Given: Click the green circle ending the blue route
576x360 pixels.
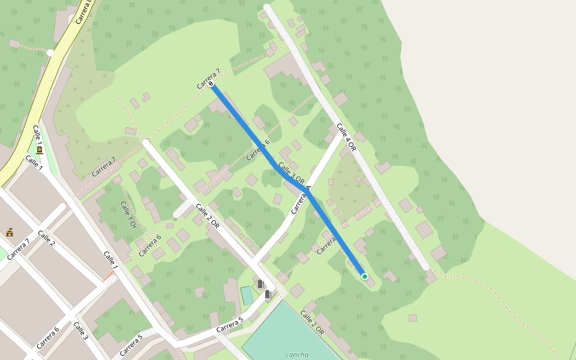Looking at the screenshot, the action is (364, 276).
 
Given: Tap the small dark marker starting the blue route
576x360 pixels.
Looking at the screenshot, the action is (212, 84).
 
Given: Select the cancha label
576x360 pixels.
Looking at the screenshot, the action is (297, 355).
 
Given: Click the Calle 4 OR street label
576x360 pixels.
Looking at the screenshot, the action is (346, 137).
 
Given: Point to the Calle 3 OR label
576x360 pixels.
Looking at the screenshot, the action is (291, 173).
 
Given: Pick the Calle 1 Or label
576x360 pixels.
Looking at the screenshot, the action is (128, 214).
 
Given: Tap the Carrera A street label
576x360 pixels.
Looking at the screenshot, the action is (301, 200).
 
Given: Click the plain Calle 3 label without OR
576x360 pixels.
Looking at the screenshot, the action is (80, 331).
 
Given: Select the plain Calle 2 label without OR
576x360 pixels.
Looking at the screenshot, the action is (46, 238).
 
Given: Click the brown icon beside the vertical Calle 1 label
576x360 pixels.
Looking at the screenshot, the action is (40, 150).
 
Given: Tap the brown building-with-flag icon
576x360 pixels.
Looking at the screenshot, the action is (10, 232).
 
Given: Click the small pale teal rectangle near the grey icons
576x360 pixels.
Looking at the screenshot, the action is (247, 295).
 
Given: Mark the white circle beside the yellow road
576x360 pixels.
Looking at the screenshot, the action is (50, 53).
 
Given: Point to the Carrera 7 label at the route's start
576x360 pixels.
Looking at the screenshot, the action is (208, 79).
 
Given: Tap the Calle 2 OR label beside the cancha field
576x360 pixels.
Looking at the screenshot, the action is (312, 322).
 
